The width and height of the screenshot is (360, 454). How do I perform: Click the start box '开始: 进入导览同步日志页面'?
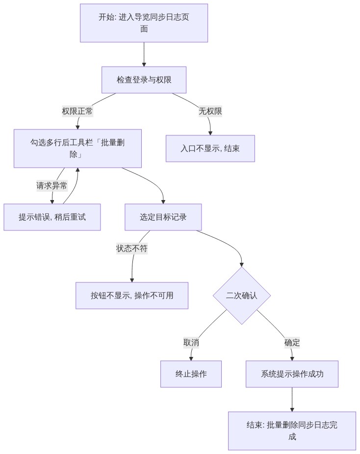[144, 23]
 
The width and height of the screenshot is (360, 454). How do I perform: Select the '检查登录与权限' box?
[144, 80]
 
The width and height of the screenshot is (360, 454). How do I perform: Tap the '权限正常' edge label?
[77, 111]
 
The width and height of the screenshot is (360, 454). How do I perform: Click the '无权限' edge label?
[210, 111]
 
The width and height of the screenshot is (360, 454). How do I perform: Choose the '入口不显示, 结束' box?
[210, 149]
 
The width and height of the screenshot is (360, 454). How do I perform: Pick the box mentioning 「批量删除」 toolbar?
[77, 149]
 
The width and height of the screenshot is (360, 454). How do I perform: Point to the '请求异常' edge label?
[52, 186]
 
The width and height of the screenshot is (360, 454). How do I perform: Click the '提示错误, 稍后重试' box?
[52, 217]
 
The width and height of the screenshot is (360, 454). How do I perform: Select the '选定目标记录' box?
[163, 217]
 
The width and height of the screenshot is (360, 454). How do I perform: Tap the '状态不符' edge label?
[132, 249]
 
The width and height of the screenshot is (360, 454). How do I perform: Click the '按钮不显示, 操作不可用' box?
[132, 296]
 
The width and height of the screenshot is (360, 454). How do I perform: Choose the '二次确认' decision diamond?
[242, 296]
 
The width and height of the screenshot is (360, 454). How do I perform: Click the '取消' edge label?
[191, 343]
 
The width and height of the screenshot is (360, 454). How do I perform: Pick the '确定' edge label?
[292, 343]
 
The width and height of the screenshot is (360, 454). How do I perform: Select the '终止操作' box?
[191, 374]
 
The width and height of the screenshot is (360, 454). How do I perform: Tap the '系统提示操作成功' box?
[292, 374]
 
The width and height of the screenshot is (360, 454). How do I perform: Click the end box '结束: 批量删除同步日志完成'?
[292, 431]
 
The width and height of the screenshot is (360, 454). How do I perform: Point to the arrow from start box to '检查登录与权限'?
[144, 54]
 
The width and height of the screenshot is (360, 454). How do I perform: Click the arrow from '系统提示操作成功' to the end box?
[292, 400]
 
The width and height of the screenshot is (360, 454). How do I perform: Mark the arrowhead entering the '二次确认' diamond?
[241, 265]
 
